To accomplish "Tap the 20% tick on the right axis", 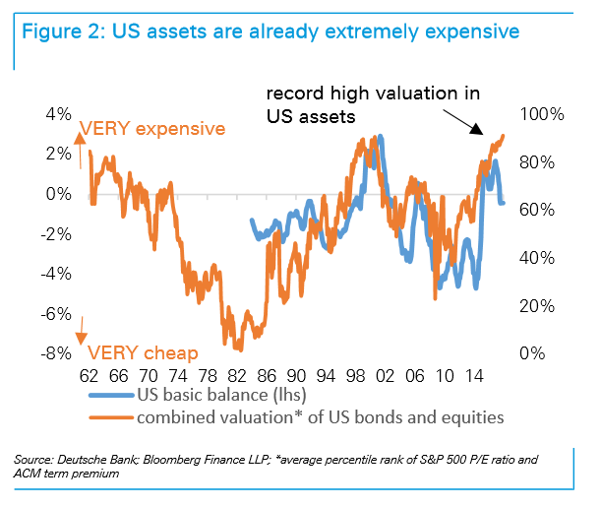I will click(x=540, y=305).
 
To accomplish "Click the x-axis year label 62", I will click(x=89, y=376).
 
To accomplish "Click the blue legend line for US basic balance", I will click(x=109, y=397).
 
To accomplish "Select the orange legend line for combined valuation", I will click(x=109, y=418).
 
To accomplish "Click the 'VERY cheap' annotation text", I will click(x=144, y=352).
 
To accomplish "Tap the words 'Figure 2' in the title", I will click(x=60, y=32).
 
